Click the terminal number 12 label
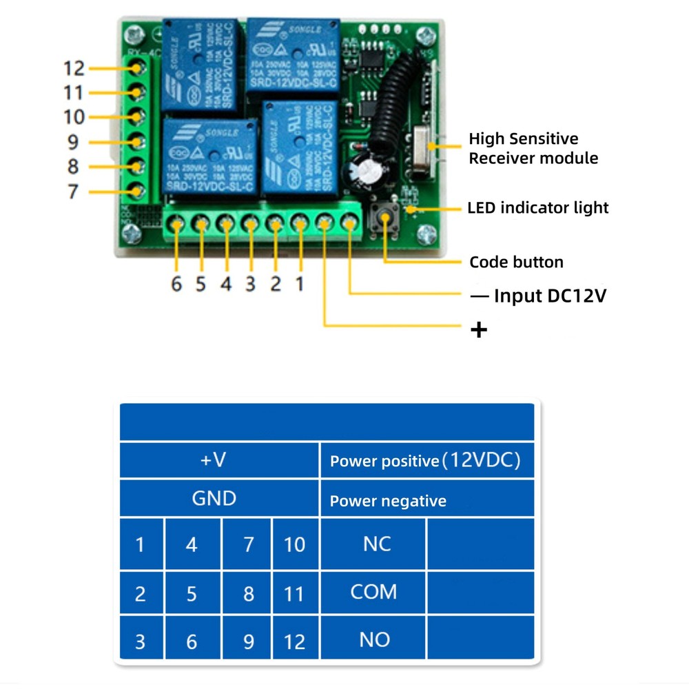[x=74, y=69]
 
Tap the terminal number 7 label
[x=73, y=191]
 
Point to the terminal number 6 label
[x=177, y=284]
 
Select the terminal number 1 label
[x=299, y=284]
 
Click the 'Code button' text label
[x=516, y=263]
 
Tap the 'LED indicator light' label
[x=537, y=207]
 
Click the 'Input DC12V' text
[x=550, y=296]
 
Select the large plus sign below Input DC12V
[x=478, y=330]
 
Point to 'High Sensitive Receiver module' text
[x=533, y=149]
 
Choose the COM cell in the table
[x=373, y=592]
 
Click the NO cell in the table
[x=374, y=640]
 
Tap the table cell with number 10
[x=294, y=545]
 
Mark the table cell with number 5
[x=192, y=594]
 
